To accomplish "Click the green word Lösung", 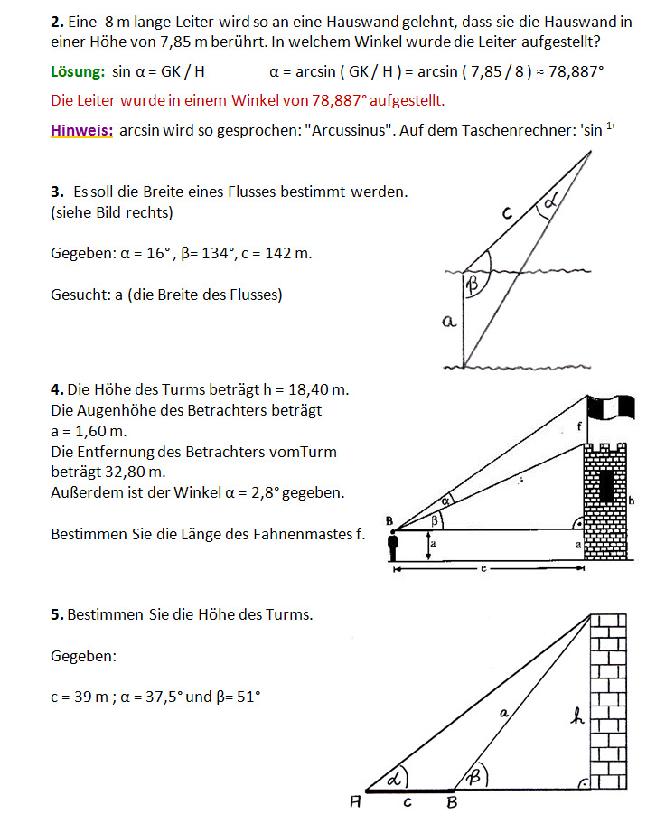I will coord(78,72).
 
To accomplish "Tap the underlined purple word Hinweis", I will coord(82,129).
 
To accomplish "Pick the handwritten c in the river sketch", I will coord(507,213).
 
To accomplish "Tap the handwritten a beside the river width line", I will coord(450,321).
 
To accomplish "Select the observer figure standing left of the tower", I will coord(392,547).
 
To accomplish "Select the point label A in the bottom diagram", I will coord(358,800).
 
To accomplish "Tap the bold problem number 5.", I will coord(57,614).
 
